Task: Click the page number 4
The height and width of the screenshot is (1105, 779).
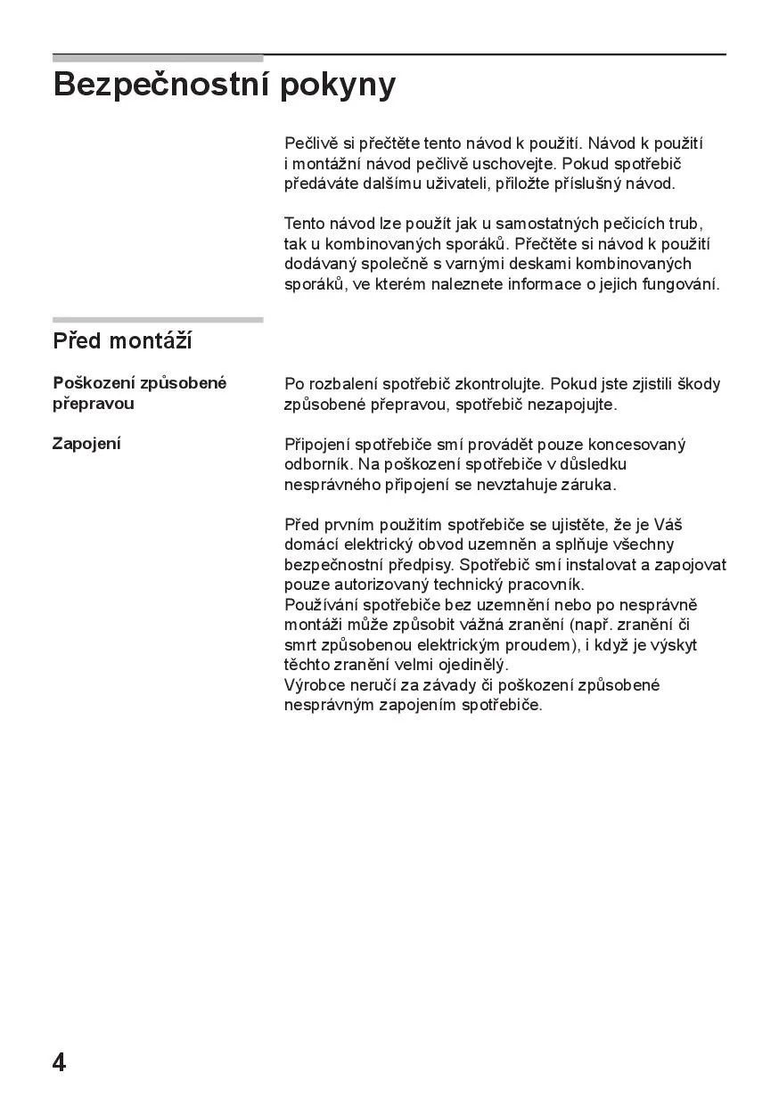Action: point(59,1062)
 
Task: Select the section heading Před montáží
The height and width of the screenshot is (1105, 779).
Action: point(122,341)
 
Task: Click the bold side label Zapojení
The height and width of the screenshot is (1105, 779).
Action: point(86,444)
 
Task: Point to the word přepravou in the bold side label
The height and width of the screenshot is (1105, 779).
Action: point(94,404)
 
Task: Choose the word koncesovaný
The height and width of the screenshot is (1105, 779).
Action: point(637,445)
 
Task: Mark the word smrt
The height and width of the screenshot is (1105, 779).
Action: point(300,645)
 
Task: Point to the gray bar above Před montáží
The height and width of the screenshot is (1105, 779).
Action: point(158,320)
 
